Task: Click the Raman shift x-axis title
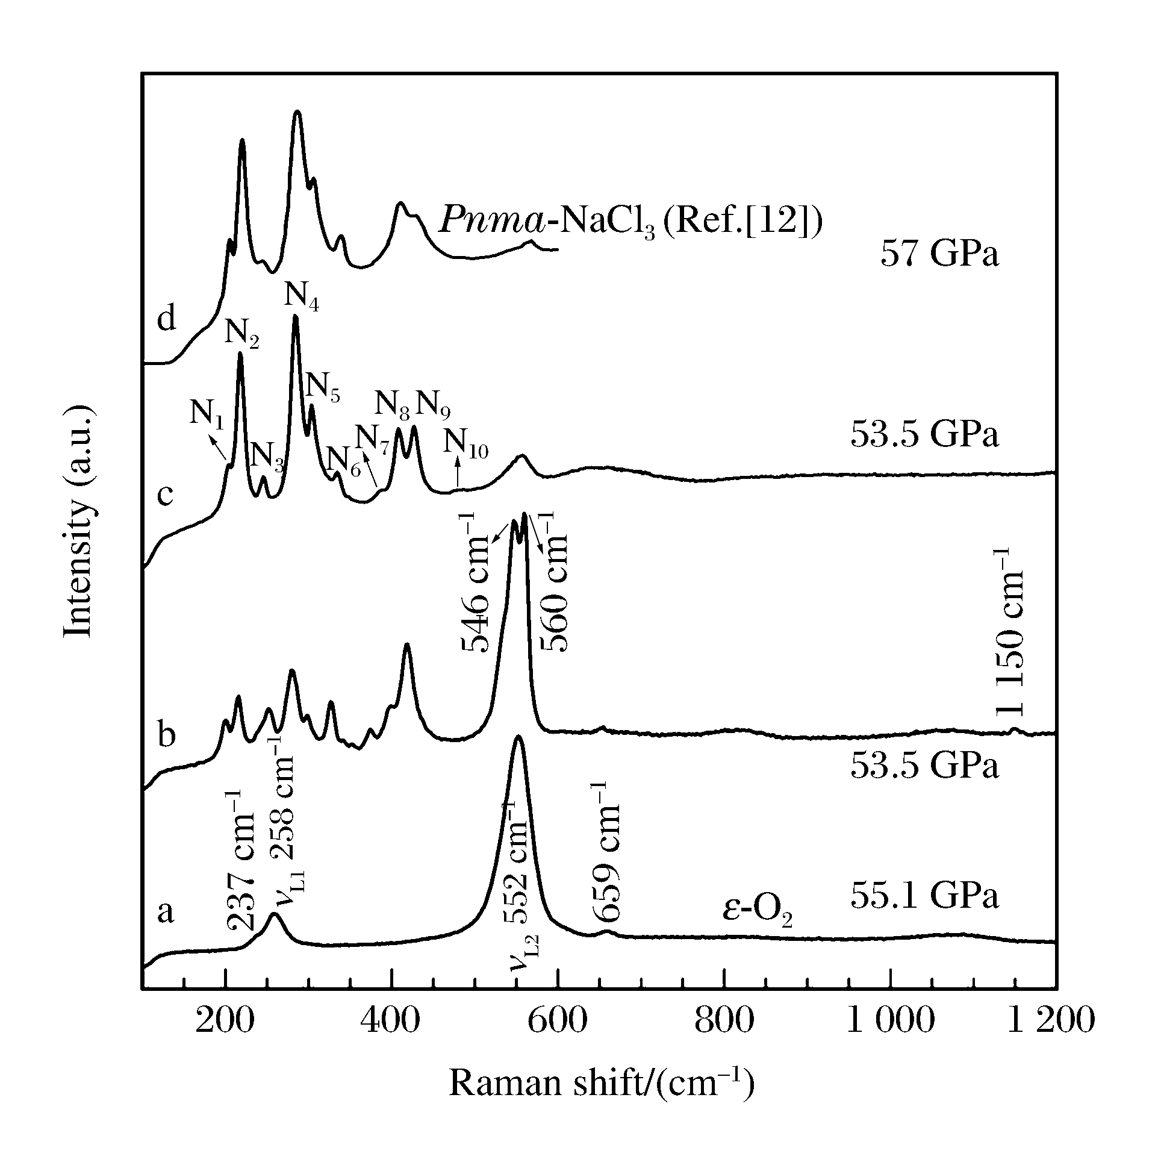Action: [602, 1084]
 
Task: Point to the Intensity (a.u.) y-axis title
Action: [79, 523]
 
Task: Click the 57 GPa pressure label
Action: [939, 254]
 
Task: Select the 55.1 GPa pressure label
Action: [924, 896]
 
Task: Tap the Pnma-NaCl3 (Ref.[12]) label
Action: [630, 220]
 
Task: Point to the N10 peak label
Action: [465, 443]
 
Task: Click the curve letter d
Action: [166, 319]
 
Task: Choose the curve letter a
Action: [165, 911]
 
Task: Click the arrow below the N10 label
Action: [458, 473]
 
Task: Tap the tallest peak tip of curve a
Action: [518, 737]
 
